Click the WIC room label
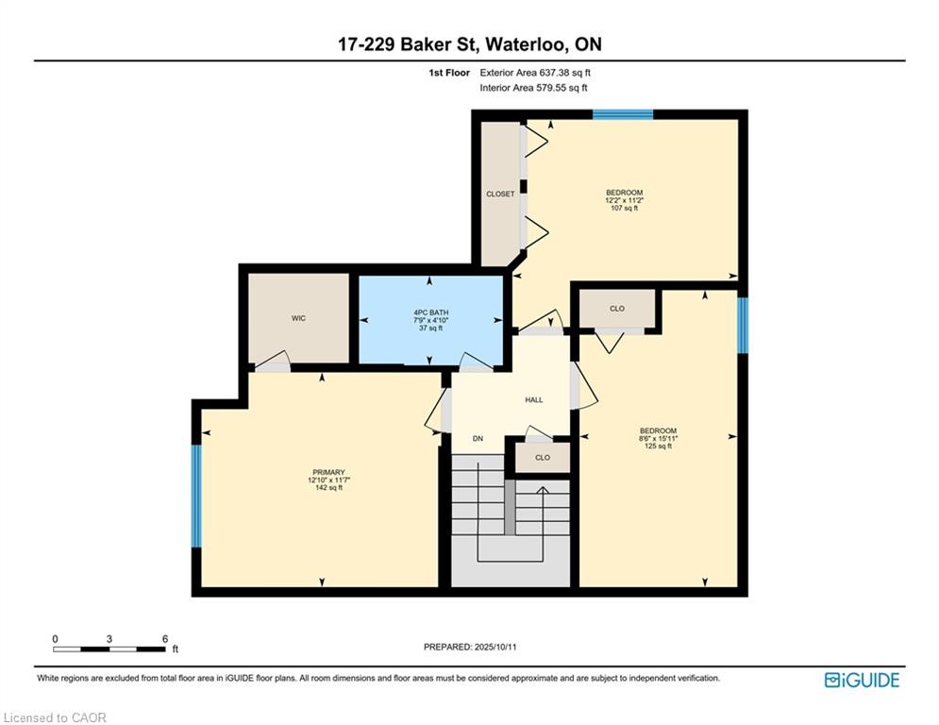(x=298, y=318)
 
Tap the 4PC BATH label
(x=430, y=312)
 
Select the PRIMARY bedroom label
(x=328, y=472)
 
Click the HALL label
(x=533, y=399)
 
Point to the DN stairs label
(x=478, y=439)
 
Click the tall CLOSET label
(x=500, y=194)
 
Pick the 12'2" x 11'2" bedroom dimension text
(x=624, y=201)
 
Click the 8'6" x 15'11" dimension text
(x=658, y=439)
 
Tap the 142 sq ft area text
(x=328, y=488)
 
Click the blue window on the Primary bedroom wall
(x=196, y=496)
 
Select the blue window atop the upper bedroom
(x=623, y=114)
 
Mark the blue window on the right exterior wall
(x=743, y=326)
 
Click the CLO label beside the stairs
(x=543, y=458)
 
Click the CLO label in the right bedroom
(x=617, y=309)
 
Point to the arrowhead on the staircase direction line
(x=543, y=490)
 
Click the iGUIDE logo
(x=862, y=680)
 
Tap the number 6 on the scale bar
(x=165, y=639)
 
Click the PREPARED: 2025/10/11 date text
(x=470, y=647)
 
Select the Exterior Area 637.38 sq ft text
(x=535, y=73)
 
